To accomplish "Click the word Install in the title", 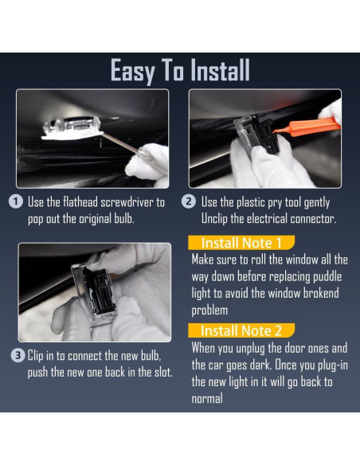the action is pos(220,70).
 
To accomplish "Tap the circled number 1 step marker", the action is pos(16,201).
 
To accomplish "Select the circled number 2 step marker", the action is pos(189,201).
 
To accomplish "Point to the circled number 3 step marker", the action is pos(18,355).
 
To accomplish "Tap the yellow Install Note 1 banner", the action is pos(241,243).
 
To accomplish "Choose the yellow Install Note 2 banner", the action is pos(241,330).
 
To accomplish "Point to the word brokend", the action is pos(321,293).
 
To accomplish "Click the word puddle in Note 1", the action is pos(327,277).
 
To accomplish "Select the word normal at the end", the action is pos(207,399).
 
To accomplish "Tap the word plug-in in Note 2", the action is pos(333,365).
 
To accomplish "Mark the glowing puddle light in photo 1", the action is pos(72,128).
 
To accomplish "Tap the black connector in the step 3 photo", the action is pos(99,291).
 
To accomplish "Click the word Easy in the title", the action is pos(133,71).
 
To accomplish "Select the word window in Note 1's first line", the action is pos(295,260).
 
